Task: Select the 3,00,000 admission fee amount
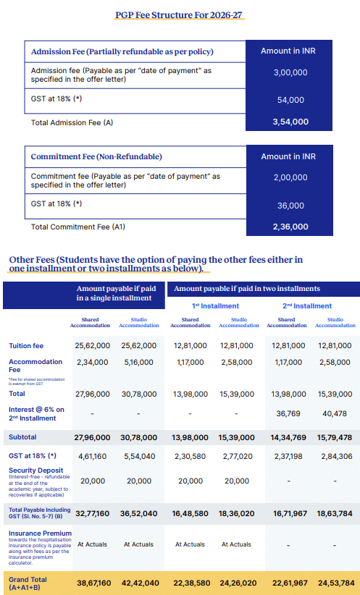point(290,73)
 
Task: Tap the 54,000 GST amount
point(290,100)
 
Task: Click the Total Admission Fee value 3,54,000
point(290,122)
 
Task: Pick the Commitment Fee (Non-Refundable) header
point(96,156)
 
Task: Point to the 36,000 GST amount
point(290,205)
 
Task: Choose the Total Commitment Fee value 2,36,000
point(290,227)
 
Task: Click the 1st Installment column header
point(215,306)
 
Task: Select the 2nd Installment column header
point(311,306)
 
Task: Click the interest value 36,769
point(287,413)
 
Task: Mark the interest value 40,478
point(335,413)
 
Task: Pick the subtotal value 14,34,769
point(287,438)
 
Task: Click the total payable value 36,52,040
point(138,512)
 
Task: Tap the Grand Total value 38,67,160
point(92,582)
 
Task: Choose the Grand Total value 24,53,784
point(335,582)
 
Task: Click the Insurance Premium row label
point(40,533)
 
